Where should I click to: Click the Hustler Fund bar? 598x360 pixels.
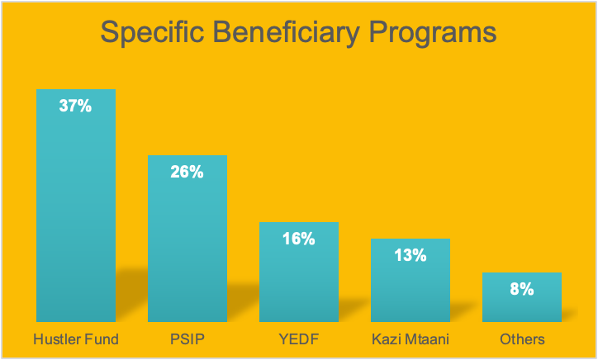click(76, 206)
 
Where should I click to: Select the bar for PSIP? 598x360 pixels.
click(187, 239)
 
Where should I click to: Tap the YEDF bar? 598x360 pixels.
click(299, 272)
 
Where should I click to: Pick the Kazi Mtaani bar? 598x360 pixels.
click(411, 280)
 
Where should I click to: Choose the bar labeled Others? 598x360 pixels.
click(522, 297)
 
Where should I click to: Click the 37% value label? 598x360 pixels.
click(75, 106)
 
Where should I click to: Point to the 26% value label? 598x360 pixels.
click(187, 172)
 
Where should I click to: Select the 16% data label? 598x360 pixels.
click(299, 239)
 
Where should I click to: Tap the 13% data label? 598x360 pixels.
click(411, 255)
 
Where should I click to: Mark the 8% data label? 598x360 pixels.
click(522, 289)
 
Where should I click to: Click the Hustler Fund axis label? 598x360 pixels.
click(76, 339)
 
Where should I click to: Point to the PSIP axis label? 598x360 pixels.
click(187, 339)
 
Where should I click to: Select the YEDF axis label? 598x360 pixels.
click(299, 339)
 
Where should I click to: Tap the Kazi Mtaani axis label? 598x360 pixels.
click(411, 339)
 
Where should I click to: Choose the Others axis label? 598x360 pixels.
click(522, 339)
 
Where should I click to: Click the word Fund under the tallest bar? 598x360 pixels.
click(102, 339)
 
